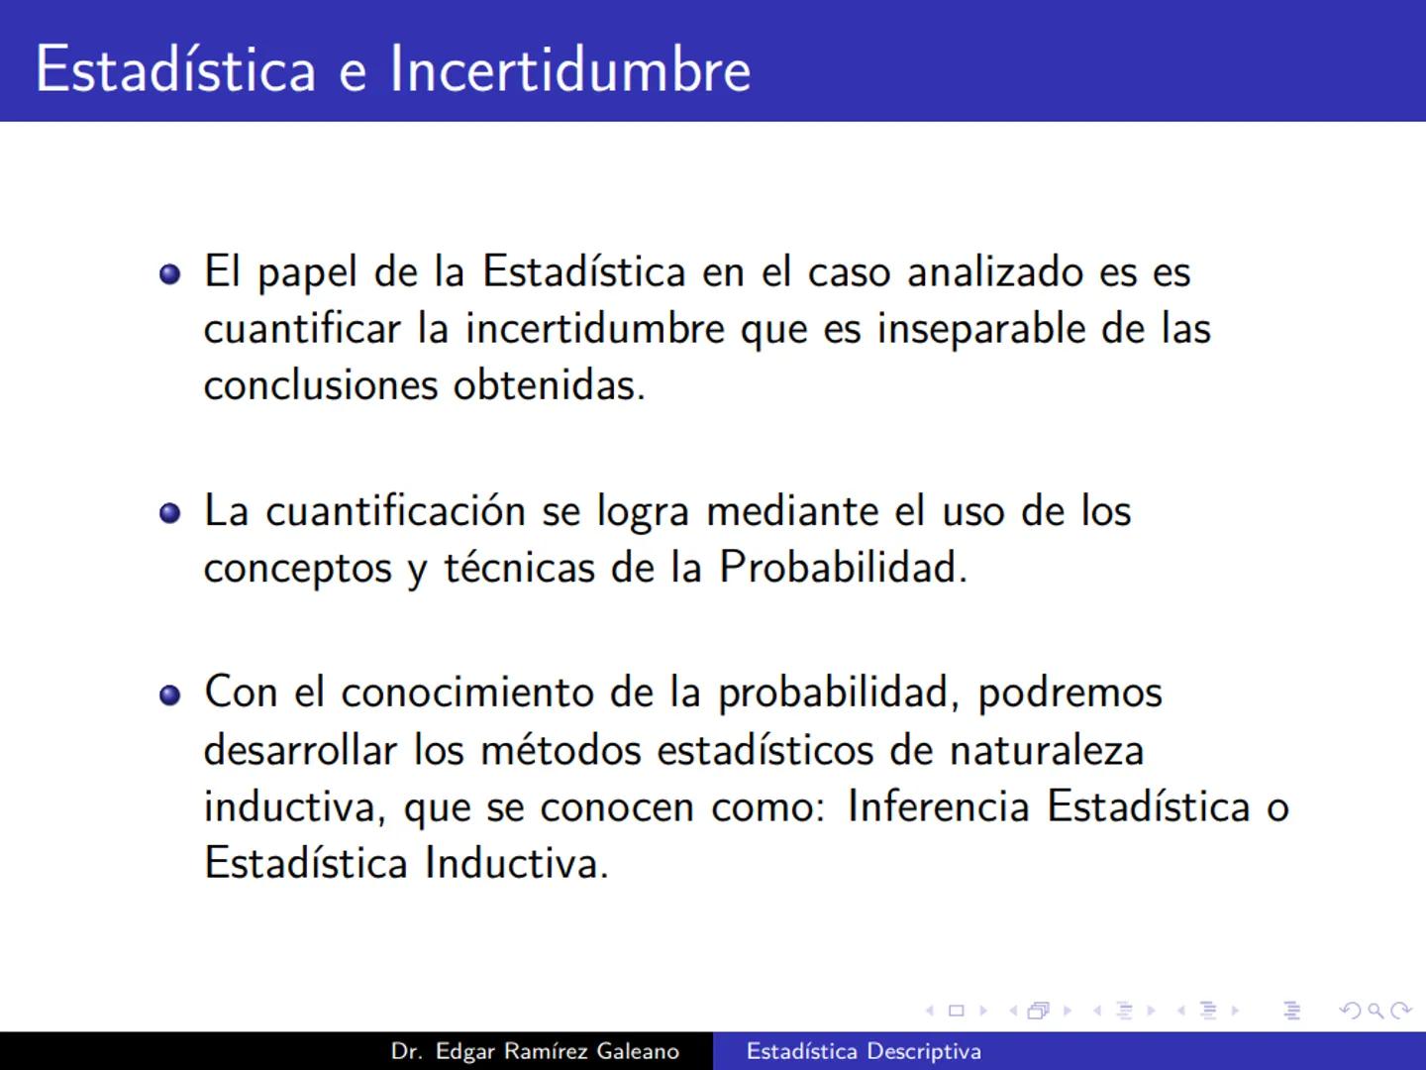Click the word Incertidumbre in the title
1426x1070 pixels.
coord(570,69)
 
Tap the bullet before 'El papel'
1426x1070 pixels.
coord(170,273)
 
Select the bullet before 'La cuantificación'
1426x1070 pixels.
coord(170,513)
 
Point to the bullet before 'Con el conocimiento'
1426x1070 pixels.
coord(170,695)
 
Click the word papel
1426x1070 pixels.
coord(306,273)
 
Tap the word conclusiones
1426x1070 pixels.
coord(321,385)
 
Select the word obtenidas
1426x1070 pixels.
coord(549,385)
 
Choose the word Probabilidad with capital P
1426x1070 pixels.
coord(842,568)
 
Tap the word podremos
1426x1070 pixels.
coord(1069,694)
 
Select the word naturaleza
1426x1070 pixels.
coord(1046,750)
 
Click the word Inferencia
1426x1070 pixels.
coord(939,806)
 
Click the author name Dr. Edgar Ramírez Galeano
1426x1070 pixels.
coord(535,1051)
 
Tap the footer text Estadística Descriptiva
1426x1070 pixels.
coord(864,1051)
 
